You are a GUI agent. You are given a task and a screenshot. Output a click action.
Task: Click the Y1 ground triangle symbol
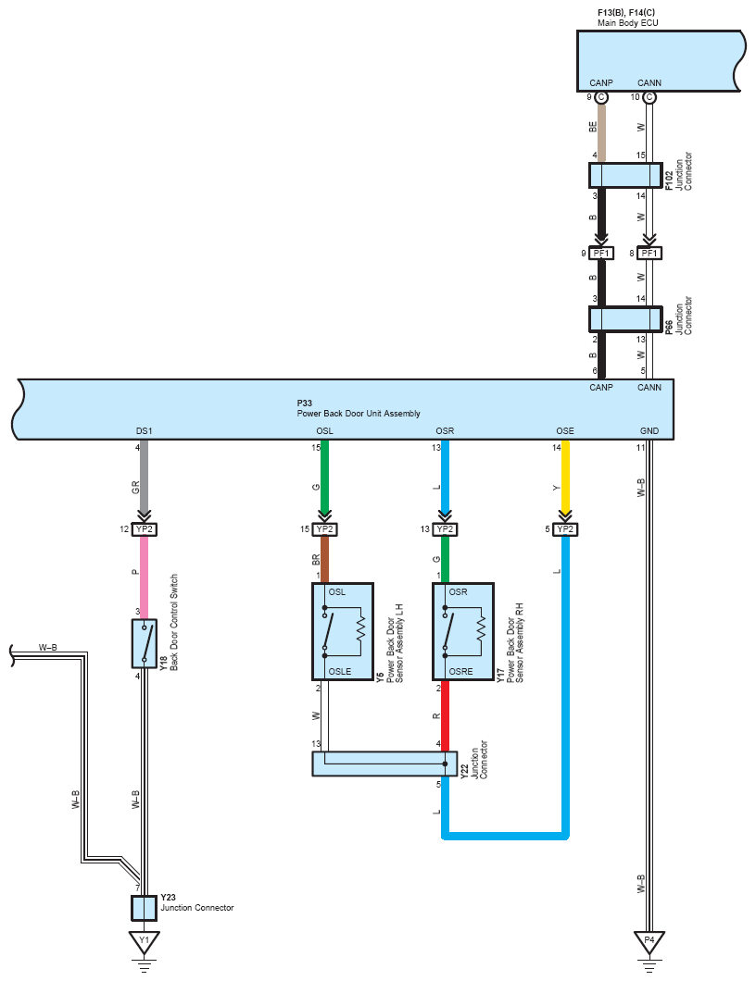(144, 941)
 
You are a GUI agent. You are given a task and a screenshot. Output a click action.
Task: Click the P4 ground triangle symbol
(649, 941)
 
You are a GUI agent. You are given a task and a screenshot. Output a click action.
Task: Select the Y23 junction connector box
(144, 908)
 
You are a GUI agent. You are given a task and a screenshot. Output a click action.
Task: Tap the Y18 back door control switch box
(144, 643)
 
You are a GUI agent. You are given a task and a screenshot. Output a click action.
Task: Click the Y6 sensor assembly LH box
(343, 631)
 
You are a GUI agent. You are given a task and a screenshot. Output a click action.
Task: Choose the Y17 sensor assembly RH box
(463, 631)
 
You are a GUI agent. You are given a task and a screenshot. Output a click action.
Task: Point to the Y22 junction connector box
(384, 764)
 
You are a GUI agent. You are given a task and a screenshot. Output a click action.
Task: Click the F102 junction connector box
(625, 175)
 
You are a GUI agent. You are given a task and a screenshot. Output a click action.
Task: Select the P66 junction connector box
(625, 319)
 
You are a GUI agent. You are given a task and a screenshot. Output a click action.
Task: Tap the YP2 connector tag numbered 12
(144, 529)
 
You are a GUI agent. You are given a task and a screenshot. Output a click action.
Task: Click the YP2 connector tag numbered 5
(565, 529)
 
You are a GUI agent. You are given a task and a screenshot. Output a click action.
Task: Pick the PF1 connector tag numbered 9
(601, 253)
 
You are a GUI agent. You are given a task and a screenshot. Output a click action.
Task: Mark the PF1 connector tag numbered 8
(649, 253)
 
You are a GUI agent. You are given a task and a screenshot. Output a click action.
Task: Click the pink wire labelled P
(144, 577)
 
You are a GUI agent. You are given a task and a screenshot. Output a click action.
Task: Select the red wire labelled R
(446, 715)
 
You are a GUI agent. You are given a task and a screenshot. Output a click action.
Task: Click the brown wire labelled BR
(324, 559)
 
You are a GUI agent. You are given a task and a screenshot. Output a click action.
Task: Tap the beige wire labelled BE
(601, 132)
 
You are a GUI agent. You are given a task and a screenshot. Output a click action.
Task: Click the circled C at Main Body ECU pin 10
(649, 97)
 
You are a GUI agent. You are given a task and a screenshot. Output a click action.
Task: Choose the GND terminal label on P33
(649, 430)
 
